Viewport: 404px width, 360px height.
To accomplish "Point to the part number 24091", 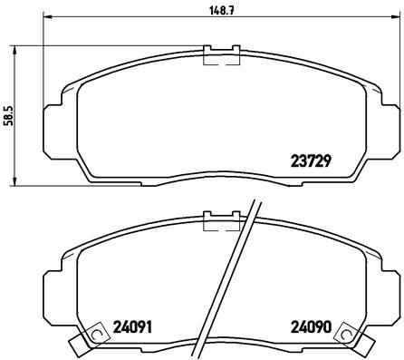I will click(132, 326).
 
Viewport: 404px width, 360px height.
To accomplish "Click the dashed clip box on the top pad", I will click(221, 58).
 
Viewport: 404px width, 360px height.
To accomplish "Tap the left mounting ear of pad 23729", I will click(53, 125).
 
